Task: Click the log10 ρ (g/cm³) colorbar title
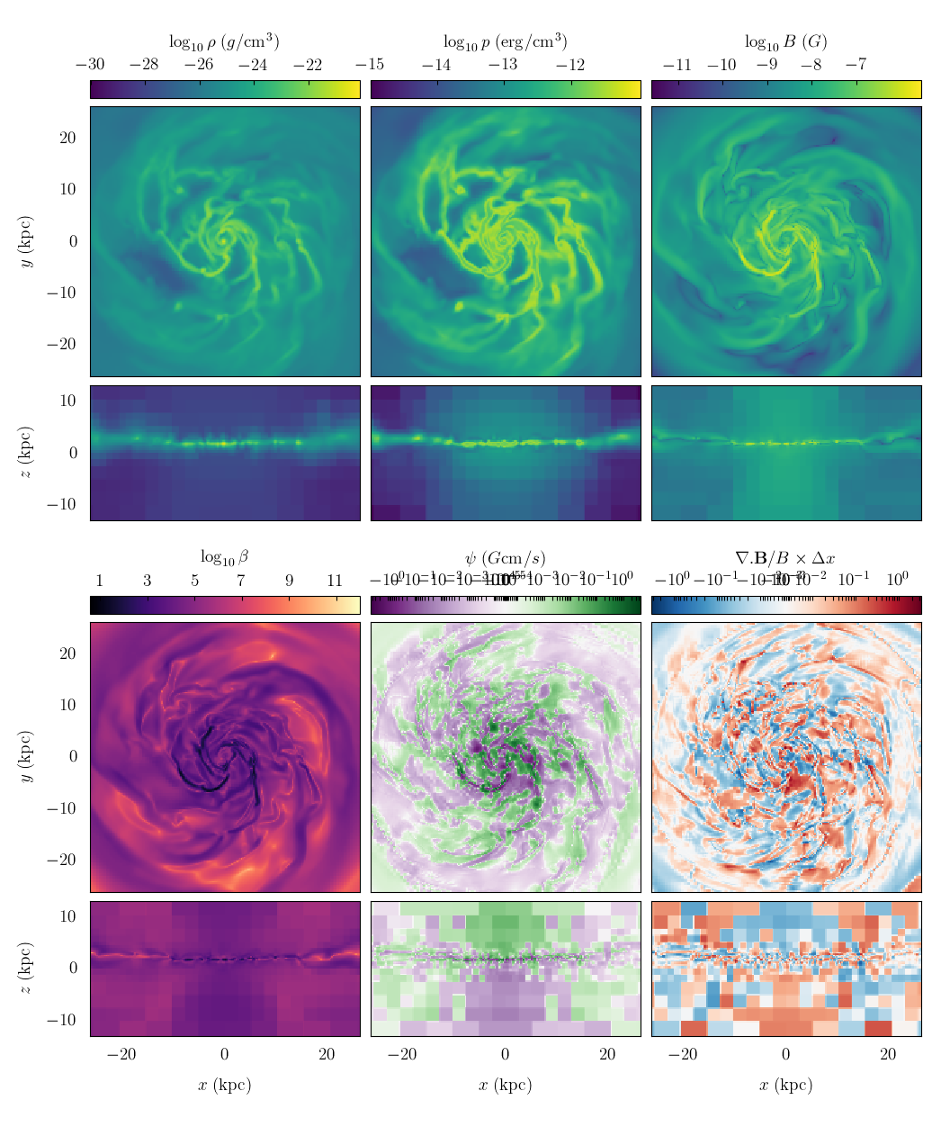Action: click(x=224, y=41)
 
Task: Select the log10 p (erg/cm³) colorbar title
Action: click(x=505, y=41)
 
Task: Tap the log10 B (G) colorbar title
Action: click(x=785, y=41)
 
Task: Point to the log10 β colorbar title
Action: click(x=224, y=557)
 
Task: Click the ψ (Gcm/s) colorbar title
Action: click(x=505, y=557)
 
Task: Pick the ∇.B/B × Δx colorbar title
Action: click(x=785, y=557)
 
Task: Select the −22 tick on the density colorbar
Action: click(x=308, y=65)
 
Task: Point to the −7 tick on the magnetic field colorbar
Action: click(x=856, y=65)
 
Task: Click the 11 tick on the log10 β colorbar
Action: click(x=335, y=581)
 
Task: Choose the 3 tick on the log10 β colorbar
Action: click(x=148, y=581)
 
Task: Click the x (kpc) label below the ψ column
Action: click(x=505, y=1085)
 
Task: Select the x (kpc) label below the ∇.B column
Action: click(x=785, y=1085)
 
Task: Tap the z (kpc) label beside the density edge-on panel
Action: click(x=26, y=453)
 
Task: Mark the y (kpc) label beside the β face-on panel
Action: click(x=26, y=757)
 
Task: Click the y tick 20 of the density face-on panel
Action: click(x=68, y=138)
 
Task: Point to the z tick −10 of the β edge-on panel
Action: click(x=63, y=1020)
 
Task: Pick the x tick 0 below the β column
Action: click(x=224, y=1055)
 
